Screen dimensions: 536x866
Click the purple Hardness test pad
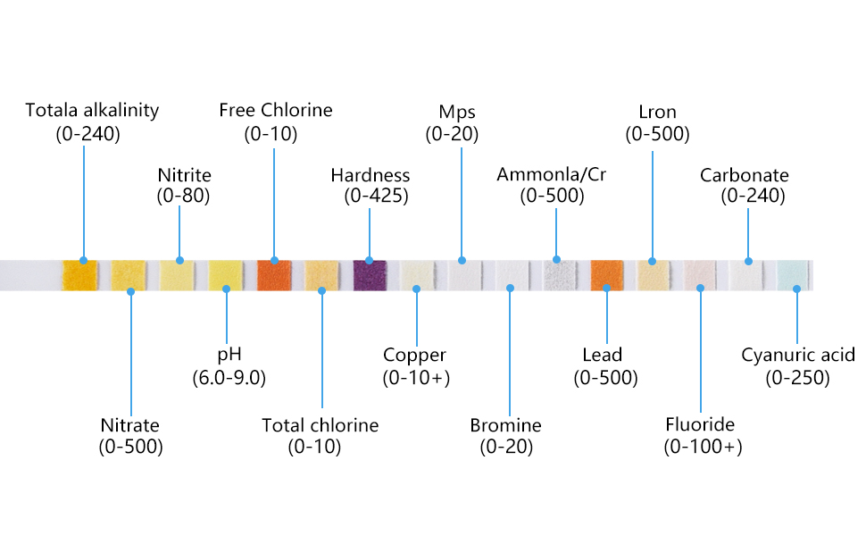point(369,274)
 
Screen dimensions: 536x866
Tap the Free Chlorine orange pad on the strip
point(274,274)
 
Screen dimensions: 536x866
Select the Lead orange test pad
point(606,275)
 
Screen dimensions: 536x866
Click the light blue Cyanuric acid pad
point(794,274)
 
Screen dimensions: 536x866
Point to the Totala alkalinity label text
point(92,111)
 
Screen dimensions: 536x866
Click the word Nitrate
point(130,425)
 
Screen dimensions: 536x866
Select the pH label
point(229,355)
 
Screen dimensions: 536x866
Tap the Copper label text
point(415,356)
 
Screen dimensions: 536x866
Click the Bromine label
point(505,425)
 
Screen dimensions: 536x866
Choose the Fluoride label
point(700,423)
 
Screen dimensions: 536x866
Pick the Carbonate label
point(744,175)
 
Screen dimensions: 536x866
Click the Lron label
point(657,113)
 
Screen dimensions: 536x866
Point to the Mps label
point(457,113)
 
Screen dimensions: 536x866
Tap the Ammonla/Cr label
point(551,174)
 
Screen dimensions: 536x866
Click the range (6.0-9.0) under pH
point(229,377)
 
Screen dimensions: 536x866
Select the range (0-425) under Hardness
point(376,196)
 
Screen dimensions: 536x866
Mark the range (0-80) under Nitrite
point(183,196)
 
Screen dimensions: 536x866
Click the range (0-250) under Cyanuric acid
point(797,377)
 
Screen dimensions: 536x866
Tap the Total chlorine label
point(320,425)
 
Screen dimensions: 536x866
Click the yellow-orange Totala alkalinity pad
point(79,274)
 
